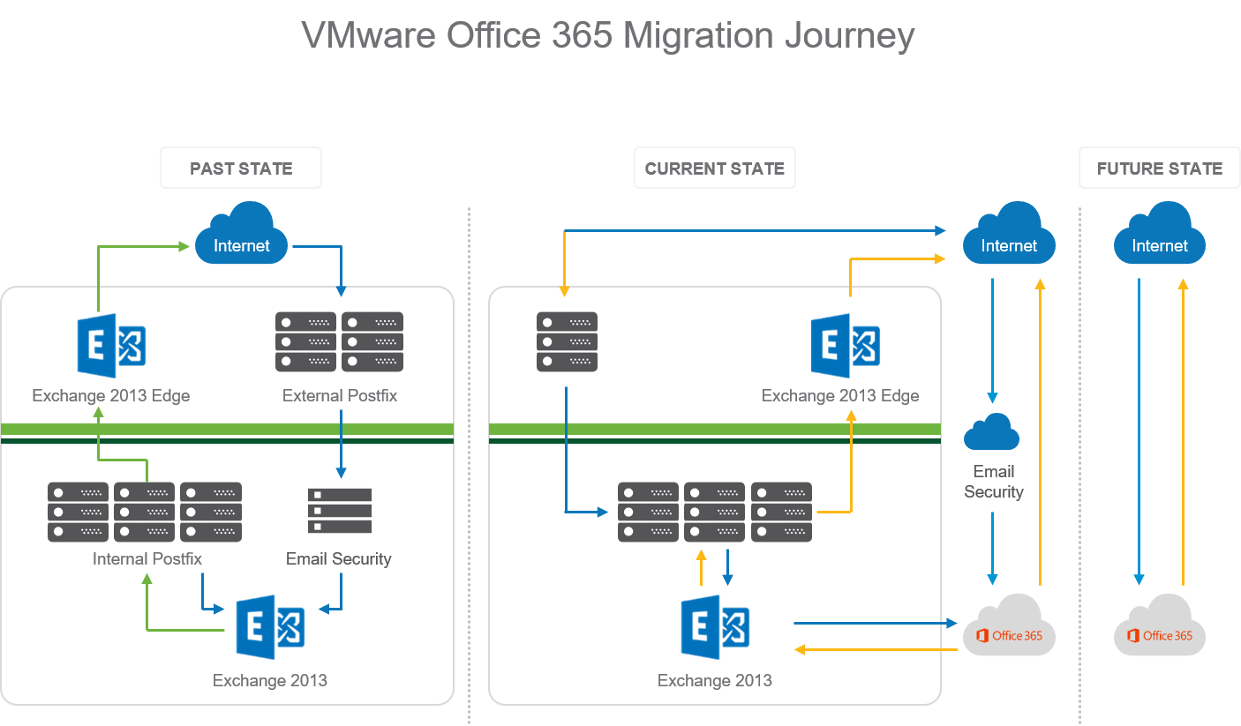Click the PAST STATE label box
pos(240,168)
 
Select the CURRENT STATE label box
pos(714,168)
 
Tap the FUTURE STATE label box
pos(1159,168)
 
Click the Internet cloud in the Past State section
pos(241,236)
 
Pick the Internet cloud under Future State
pos(1159,236)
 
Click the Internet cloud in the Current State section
pos(1008,236)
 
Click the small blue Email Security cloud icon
pos(991,432)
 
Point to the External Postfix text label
pos(340,396)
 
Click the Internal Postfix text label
pos(147,558)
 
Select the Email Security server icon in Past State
pos(340,510)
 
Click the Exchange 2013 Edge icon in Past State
pos(111,345)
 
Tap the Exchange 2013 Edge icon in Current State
pos(845,345)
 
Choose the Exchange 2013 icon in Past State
pos(270,626)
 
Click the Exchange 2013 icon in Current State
pos(715,626)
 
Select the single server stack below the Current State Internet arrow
pos(567,341)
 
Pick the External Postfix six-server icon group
pos(340,341)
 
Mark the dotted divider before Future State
pos(1080,441)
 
